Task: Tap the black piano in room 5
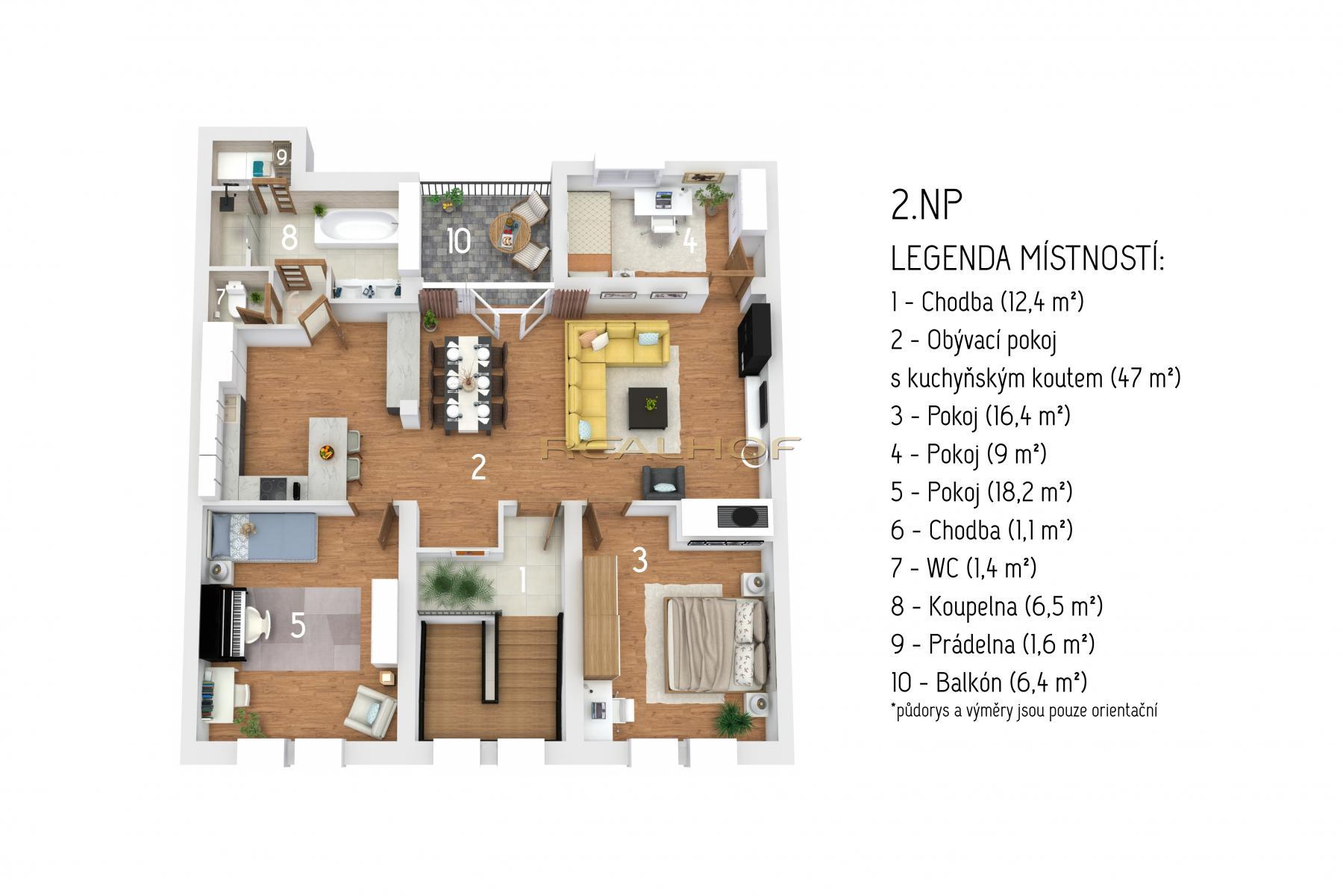pyautogui.click(x=224, y=623)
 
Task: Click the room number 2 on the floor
pyautogui.click(x=478, y=467)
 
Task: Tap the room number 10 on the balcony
pyautogui.click(x=459, y=240)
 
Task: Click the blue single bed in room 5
pyautogui.click(x=261, y=536)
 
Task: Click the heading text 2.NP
pyautogui.click(x=923, y=207)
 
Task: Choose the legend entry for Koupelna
pyautogui.click(x=997, y=606)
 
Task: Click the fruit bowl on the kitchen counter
pyautogui.click(x=327, y=452)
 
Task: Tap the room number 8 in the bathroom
pyautogui.click(x=289, y=238)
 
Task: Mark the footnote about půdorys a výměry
pyautogui.click(x=1024, y=710)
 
